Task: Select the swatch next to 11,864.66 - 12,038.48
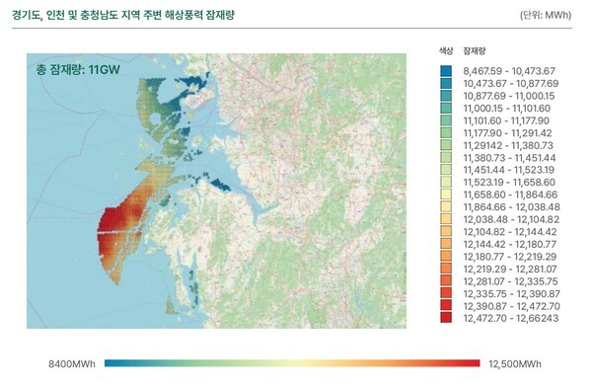(447, 208)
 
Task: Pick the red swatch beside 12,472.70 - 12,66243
(447, 320)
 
